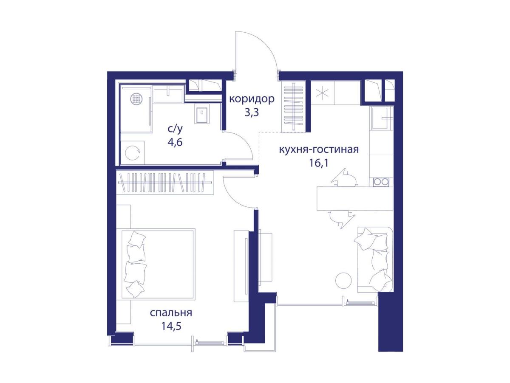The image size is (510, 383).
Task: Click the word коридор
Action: tap(252, 99)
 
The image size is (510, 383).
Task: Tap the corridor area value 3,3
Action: tap(252, 113)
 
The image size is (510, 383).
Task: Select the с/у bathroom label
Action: tap(175, 129)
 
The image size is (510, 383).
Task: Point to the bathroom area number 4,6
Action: tap(175, 142)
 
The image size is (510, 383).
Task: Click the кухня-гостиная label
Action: tap(319, 150)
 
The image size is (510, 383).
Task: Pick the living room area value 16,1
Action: tap(319, 163)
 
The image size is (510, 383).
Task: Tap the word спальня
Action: tap(171, 313)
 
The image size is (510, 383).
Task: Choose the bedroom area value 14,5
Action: tap(171, 327)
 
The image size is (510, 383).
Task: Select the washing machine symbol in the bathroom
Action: tap(132, 153)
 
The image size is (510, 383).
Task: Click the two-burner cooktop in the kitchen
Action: tap(381, 181)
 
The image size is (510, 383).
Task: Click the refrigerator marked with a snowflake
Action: tap(323, 93)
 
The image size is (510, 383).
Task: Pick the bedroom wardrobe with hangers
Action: tap(165, 183)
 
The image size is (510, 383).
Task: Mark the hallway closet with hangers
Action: tap(293, 106)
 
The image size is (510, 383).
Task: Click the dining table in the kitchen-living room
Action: tap(355, 198)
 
